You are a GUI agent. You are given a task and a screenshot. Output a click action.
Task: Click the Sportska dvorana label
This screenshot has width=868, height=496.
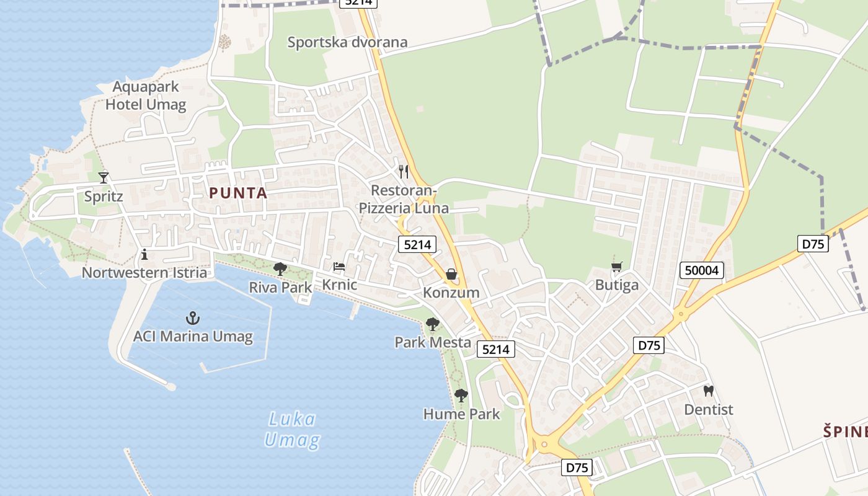(347, 42)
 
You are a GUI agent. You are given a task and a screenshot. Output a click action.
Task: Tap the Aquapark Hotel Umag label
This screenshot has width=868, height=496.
(146, 95)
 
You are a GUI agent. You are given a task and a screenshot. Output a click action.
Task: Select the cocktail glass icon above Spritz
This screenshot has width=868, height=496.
(104, 178)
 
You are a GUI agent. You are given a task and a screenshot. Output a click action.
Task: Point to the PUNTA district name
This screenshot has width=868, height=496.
(238, 193)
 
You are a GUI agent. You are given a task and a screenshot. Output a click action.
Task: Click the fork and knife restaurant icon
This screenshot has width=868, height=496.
(404, 171)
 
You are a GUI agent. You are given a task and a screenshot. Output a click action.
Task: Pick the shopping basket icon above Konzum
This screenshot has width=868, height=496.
(451, 274)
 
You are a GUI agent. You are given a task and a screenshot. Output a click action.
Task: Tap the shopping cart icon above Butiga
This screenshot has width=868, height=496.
(616, 267)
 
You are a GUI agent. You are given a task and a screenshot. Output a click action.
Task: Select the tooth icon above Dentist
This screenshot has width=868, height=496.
(708, 391)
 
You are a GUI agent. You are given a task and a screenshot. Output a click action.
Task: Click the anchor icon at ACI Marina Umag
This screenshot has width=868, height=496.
(193, 319)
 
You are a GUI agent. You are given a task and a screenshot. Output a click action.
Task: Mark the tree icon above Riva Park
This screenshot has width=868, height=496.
(280, 269)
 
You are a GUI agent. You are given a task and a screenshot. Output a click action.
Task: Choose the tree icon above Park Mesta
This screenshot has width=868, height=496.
(433, 324)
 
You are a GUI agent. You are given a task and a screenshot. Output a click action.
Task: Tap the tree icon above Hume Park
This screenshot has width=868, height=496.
(461, 395)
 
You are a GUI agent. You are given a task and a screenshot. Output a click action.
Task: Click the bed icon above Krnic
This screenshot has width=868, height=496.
(339, 267)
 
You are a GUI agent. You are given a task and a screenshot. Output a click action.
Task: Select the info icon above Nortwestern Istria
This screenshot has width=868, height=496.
(144, 254)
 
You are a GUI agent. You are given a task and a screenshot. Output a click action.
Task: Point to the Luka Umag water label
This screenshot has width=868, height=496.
(292, 430)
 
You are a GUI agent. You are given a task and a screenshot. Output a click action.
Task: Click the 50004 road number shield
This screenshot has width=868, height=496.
(702, 270)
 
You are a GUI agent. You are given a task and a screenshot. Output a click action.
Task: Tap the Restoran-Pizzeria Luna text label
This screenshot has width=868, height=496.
(404, 199)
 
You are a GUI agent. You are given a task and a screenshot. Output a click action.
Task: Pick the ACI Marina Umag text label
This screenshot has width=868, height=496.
(193, 337)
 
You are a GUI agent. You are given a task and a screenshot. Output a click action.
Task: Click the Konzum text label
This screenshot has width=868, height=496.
(451, 293)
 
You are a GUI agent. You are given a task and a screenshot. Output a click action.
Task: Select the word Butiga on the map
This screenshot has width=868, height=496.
(616, 285)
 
